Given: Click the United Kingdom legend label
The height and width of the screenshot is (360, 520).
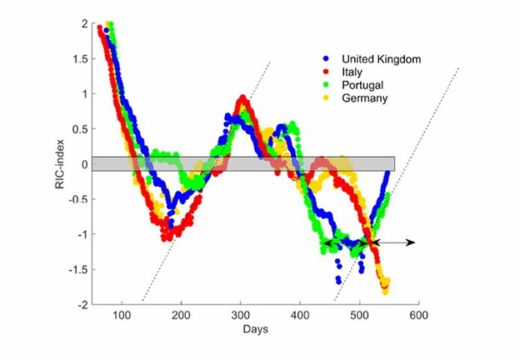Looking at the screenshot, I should pyautogui.click(x=381, y=59).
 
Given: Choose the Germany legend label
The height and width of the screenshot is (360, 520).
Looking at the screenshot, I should pyautogui.click(x=365, y=98).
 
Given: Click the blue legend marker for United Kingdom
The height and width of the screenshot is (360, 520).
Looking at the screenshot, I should pyautogui.click(x=325, y=59).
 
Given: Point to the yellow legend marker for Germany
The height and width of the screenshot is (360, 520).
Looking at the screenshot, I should pyautogui.click(x=325, y=98).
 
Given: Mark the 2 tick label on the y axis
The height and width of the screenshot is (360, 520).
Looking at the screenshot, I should pyautogui.click(x=85, y=23).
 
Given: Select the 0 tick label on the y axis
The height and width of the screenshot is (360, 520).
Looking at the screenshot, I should pyautogui.click(x=85, y=164).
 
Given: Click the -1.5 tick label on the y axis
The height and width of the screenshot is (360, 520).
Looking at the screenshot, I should pyautogui.click(x=79, y=269).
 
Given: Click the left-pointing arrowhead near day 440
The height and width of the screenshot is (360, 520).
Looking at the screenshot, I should pyautogui.click(x=324, y=243).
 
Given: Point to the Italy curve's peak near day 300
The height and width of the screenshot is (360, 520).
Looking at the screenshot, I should pyautogui.click(x=242, y=99).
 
